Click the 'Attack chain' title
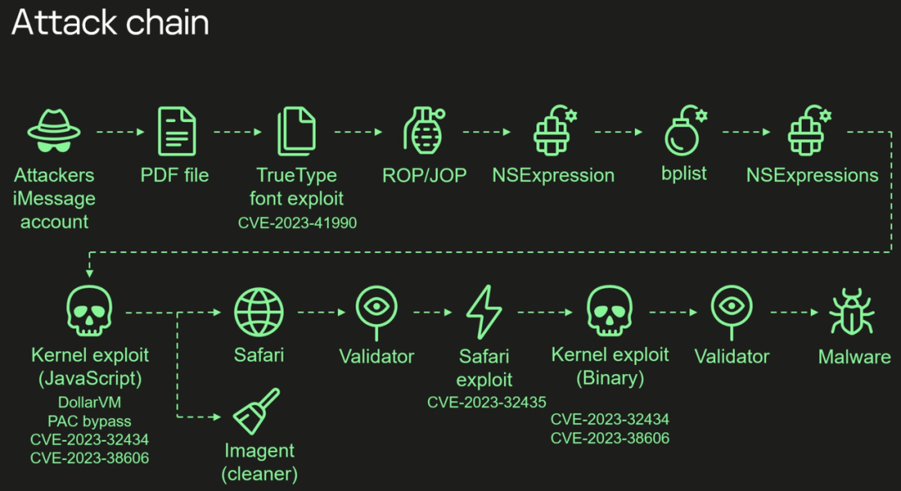tap(109, 23)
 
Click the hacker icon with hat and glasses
tap(53, 131)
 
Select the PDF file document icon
tap(177, 130)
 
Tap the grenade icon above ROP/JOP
tap(424, 131)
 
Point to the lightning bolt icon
tap(484, 311)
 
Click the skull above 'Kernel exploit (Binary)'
tap(610, 310)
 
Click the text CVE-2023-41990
tap(297, 222)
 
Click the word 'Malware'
tap(854, 357)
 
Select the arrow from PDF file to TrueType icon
tap(238, 132)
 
